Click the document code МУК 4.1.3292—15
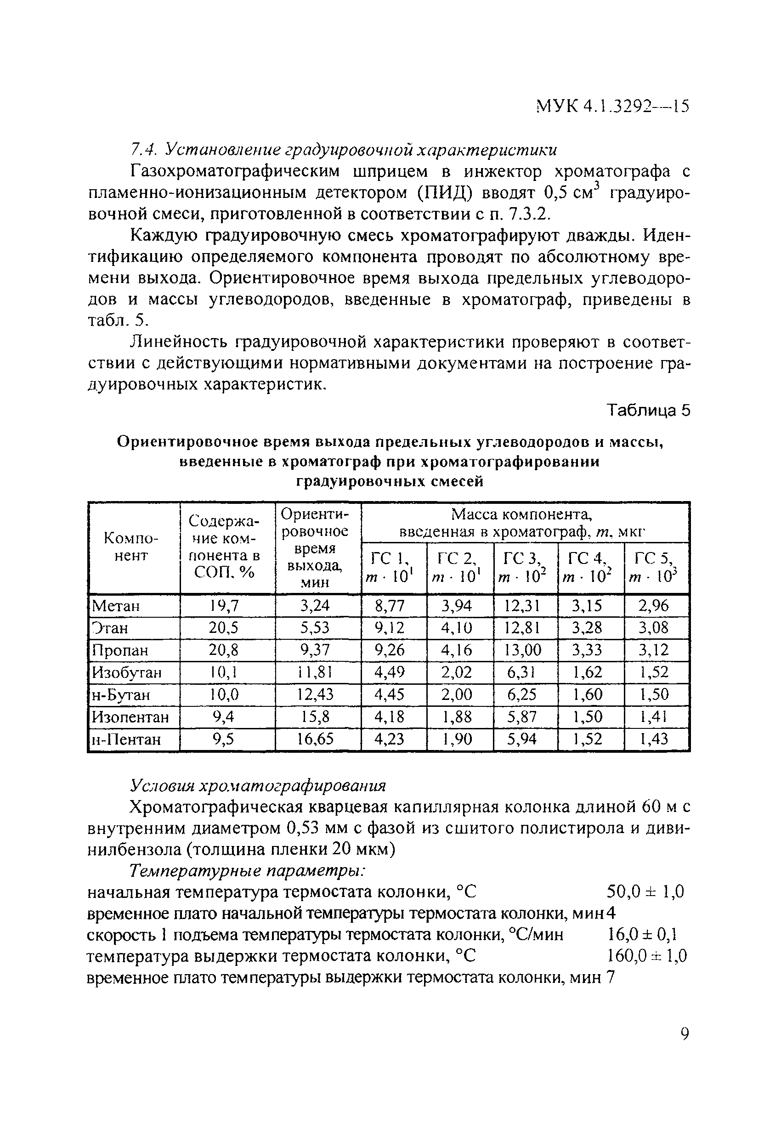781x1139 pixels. click(x=612, y=105)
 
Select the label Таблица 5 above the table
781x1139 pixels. click(x=648, y=410)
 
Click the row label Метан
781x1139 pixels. click(x=116, y=606)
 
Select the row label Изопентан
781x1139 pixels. click(x=130, y=717)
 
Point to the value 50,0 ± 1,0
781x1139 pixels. click(x=645, y=891)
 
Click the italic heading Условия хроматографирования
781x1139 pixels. click(x=258, y=786)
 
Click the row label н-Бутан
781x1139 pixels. click(x=121, y=695)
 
